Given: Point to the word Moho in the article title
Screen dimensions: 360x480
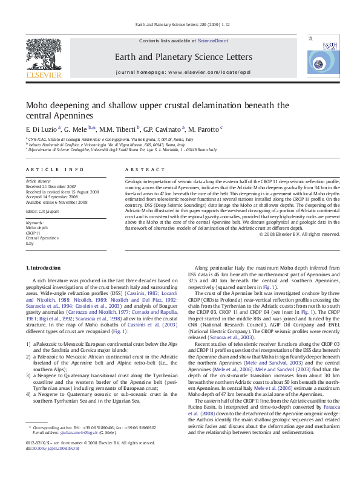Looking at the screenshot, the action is [38, 105].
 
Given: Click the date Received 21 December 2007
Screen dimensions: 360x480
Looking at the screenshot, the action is [51, 186].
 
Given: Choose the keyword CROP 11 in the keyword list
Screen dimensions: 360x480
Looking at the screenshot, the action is [34, 233].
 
